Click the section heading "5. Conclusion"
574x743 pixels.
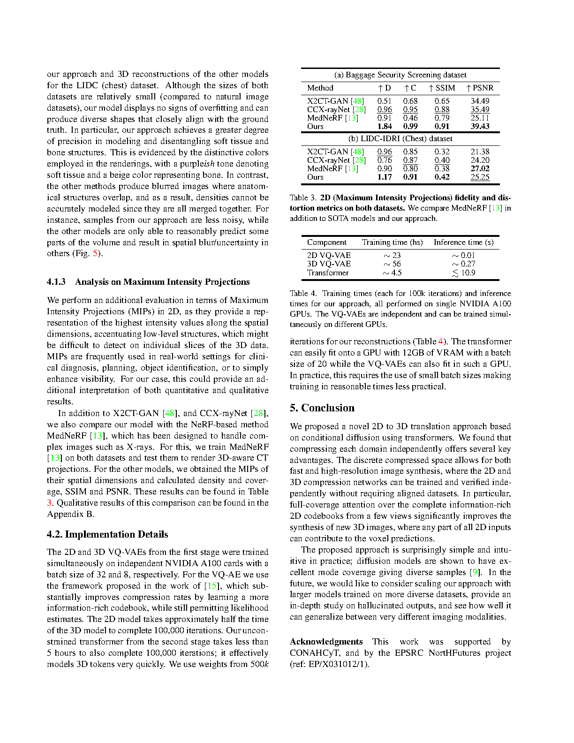(x=322, y=408)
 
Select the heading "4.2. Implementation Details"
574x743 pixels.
(x=107, y=534)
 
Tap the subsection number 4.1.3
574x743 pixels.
(x=56, y=282)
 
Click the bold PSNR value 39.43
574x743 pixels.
(x=480, y=126)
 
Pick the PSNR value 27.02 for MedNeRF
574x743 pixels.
(x=480, y=168)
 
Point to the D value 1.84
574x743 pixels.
(x=385, y=126)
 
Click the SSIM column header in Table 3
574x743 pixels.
(x=442, y=88)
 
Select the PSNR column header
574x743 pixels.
(x=480, y=88)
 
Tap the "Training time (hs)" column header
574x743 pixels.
(x=392, y=242)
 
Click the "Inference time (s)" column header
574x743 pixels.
(x=463, y=242)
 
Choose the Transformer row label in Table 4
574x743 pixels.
(x=328, y=273)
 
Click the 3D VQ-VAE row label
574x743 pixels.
(x=329, y=264)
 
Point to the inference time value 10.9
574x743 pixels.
(x=468, y=273)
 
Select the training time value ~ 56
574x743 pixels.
(x=392, y=264)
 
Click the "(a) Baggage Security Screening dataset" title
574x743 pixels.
(x=400, y=75)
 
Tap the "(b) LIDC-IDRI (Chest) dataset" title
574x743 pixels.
(x=400, y=138)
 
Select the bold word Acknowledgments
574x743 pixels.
(x=326, y=641)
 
